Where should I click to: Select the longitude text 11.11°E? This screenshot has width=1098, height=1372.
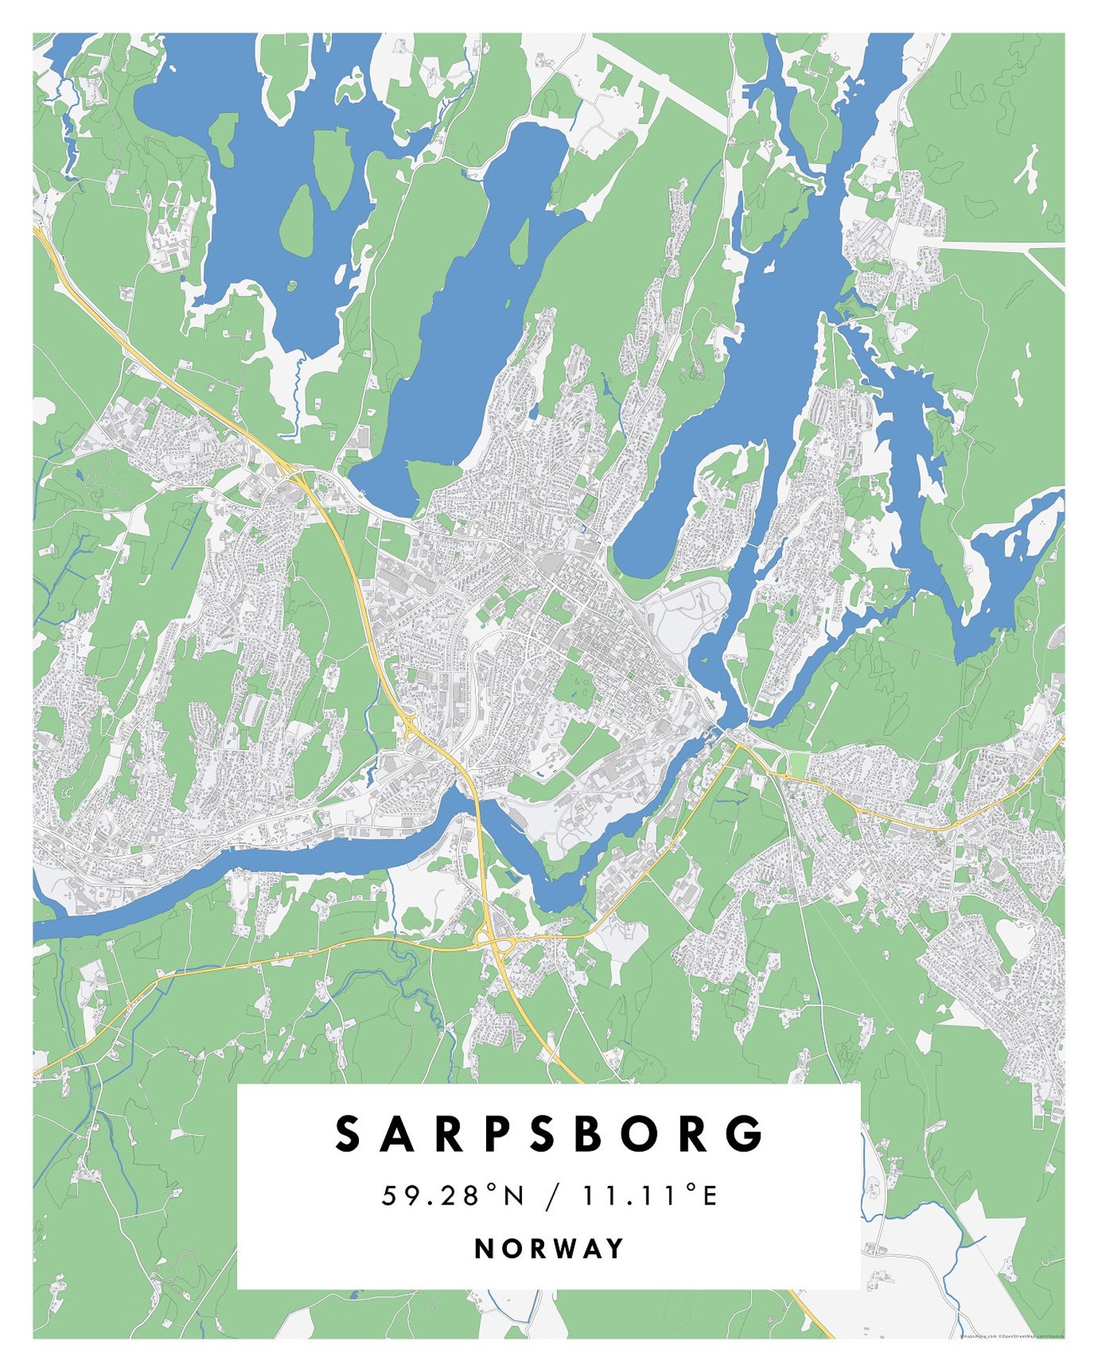coord(649,1195)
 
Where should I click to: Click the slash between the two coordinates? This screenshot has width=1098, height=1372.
coord(551,1196)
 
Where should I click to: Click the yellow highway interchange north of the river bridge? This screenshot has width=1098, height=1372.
coord(413,727)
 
